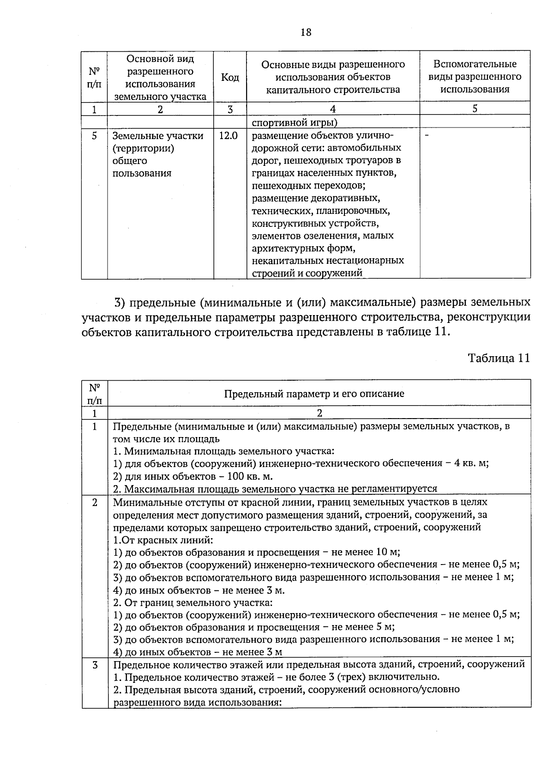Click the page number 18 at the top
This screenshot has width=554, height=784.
coord(306,32)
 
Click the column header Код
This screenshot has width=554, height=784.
coord(230,77)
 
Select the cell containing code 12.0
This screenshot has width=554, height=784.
coord(229,136)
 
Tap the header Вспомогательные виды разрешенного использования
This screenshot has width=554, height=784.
coord(475,77)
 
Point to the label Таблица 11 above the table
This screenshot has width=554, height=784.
coord(499,358)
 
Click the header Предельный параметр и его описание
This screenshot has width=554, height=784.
coord(314,394)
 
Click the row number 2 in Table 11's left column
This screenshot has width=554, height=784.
coord(95,502)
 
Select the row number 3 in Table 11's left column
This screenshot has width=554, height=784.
coord(95,665)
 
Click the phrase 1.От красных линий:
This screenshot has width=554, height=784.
coord(163,540)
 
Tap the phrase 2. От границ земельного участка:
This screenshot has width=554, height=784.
coord(193,602)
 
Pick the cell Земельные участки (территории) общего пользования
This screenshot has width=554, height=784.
coord(158,155)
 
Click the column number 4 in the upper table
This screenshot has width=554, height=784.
coord(332,109)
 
